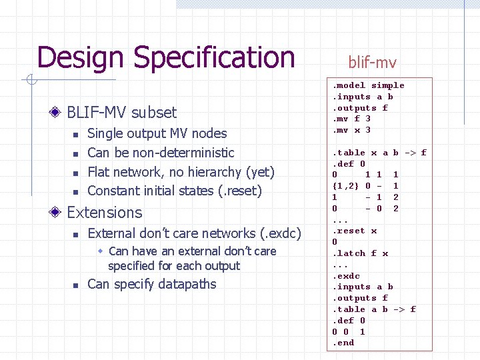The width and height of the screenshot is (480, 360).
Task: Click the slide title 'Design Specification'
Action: [x=166, y=57]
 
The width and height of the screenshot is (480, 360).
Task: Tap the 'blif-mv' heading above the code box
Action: [x=372, y=63]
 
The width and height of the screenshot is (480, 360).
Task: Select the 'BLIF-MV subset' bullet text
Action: [x=122, y=112]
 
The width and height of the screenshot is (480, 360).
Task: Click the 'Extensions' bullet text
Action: [x=105, y=213]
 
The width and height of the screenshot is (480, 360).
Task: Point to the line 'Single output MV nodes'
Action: [x=157, y=133]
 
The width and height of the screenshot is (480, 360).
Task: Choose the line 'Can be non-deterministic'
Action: [x=161, y=153]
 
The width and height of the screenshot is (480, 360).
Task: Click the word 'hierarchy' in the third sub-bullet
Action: [x=205, y=172]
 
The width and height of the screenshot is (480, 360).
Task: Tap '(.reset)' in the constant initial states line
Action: [x=240, y=191]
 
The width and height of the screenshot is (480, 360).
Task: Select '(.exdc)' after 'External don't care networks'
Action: [x=281, y=233]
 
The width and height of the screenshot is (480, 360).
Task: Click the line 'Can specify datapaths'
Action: [x=152, y=284]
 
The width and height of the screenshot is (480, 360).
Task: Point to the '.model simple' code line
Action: [x=369, y=85]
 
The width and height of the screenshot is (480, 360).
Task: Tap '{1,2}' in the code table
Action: [x=345, y=186]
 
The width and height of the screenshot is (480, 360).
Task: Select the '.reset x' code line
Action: [x=355, y=231]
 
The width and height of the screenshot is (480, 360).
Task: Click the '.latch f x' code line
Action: [x=360, y=253]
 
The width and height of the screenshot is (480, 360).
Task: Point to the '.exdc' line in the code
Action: [x=346, y=276]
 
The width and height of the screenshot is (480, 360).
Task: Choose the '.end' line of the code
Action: [x=343, y=343]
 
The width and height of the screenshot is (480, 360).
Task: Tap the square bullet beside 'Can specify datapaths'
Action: [x=76, y=285]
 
